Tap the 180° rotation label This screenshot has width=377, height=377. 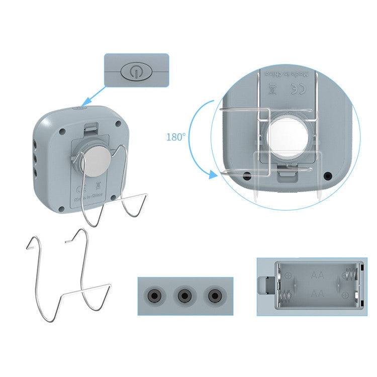tap(176, 137)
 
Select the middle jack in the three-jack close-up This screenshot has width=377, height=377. tap(185, 295)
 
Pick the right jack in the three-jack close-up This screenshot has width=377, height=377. tap(216, 295)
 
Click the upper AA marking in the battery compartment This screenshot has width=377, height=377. tap(317, 275)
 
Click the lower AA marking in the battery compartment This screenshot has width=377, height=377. tap(317, 293)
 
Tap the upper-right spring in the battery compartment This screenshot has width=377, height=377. tap(350, 275)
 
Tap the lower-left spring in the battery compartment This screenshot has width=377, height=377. tap(285, 297)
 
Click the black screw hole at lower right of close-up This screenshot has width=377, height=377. tap(328, 176)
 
